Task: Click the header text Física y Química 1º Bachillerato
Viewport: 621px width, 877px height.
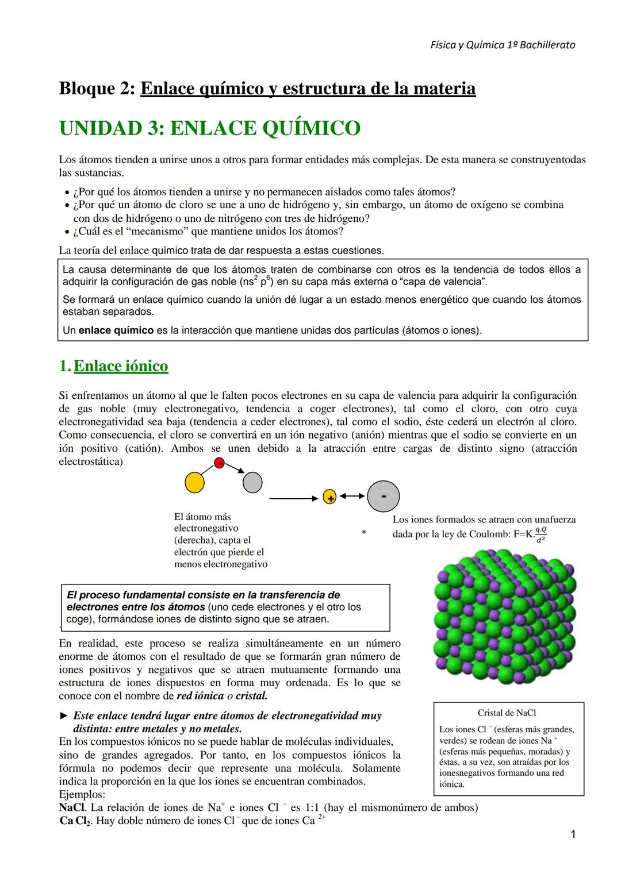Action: pyautogui.click(x=503, y=45)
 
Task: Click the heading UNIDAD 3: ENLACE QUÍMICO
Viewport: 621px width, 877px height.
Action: pyautogui.click(x=209, y=128)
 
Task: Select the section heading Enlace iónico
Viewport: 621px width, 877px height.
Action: pyautogui.click(x=121, y=366)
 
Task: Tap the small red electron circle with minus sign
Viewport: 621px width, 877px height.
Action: pyautogui.click(x=219, y=463)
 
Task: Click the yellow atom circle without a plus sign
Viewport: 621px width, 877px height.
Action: pyautogui.click(x=195, y=482)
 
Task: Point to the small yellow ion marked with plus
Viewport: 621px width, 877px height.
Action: pyautogui.click(x=329, y=498)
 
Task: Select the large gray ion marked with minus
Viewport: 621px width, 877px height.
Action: pyautogui.click(x=383, y=495)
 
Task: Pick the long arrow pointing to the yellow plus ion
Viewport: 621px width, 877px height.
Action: pyautogui.click(x=294, y=498)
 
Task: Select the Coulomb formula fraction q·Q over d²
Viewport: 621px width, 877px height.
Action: pyautogui.click(x=540, y=534)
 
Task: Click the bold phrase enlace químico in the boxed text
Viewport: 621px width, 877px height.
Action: pyautogui.click(x=116, y=330)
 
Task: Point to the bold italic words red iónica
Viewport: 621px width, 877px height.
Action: pyautogui.click(x=200, y=695)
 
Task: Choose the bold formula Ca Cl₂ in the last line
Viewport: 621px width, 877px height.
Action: pyautogui.click(x=75, y=821)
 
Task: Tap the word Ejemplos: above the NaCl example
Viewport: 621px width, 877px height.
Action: pyautogui.click(x=82, y=794)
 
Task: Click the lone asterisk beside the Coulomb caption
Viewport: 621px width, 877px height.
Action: pyautogui.click(x=363, y=533)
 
